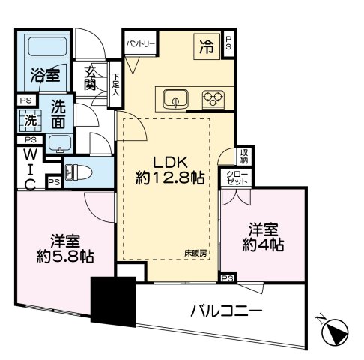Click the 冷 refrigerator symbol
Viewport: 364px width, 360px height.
pyautogui.click(x=205, y=46)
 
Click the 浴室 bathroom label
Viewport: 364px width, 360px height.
pyautogui.click(x=45, y=75)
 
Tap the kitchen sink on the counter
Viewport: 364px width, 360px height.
pyautogui.click(x=173, y=97)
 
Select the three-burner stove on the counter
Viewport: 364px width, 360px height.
pyautogui.click(x=213, y=97)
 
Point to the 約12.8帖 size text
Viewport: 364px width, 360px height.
pyautogui.click(x=170, y=181)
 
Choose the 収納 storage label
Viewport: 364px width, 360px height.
pyautogui.click(x=244, y=156)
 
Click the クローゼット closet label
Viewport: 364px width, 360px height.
pyautogui.click(x=239, y=178)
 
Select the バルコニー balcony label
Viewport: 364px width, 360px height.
pyautogui.click(x=225, y=309)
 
